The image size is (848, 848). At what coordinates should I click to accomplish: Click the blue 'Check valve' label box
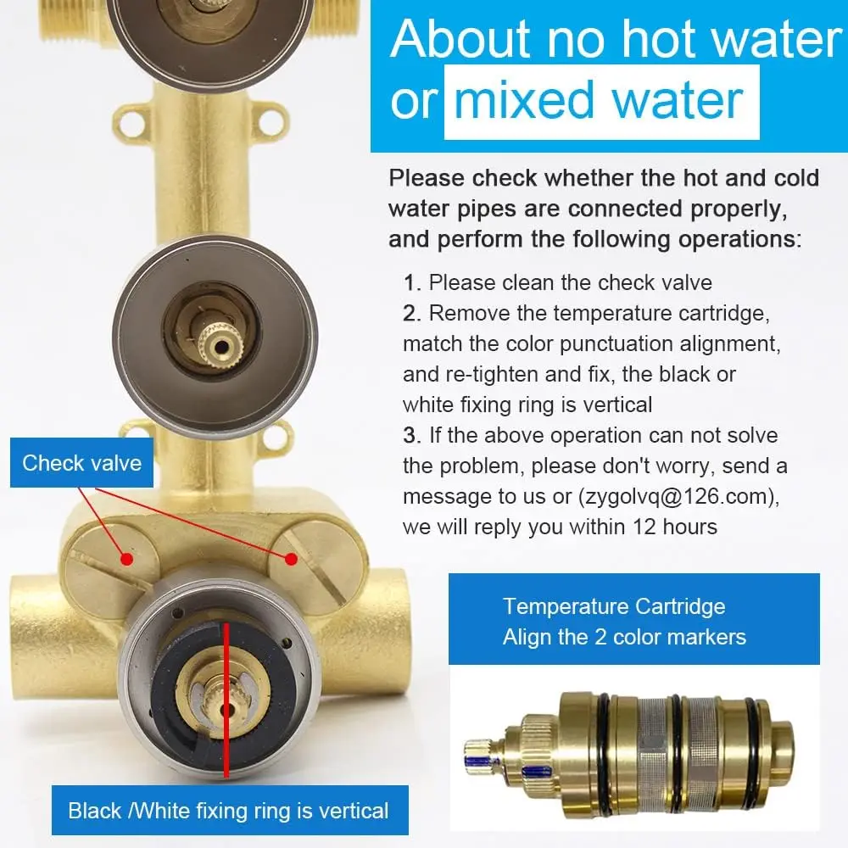81,463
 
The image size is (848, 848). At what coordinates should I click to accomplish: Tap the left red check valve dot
127,559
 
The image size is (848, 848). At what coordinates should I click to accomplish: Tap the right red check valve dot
291,559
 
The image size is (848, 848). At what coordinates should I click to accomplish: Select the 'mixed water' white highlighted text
599,100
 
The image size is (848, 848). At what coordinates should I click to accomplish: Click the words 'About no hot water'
616,39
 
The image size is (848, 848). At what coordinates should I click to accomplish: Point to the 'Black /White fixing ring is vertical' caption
228,811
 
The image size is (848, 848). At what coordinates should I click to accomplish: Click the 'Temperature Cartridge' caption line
614,606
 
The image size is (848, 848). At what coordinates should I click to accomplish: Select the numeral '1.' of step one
413,283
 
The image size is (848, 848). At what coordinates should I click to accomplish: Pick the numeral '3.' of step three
412,435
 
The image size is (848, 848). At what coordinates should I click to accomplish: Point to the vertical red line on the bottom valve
226,700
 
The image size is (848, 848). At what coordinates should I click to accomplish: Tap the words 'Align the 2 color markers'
625,637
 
